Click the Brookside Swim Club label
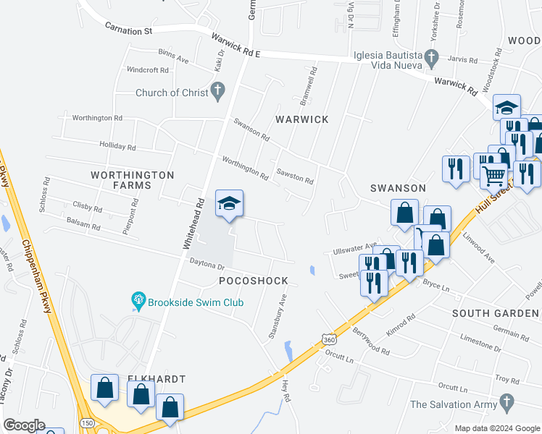point(196,302)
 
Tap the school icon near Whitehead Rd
point(229,204)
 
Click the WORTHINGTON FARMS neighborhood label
point(132,180)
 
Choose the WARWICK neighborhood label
point(301,119)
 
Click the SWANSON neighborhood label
point(398,188)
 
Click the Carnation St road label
point(128,30)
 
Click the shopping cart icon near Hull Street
point(494,175)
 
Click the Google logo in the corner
point(24,425)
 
